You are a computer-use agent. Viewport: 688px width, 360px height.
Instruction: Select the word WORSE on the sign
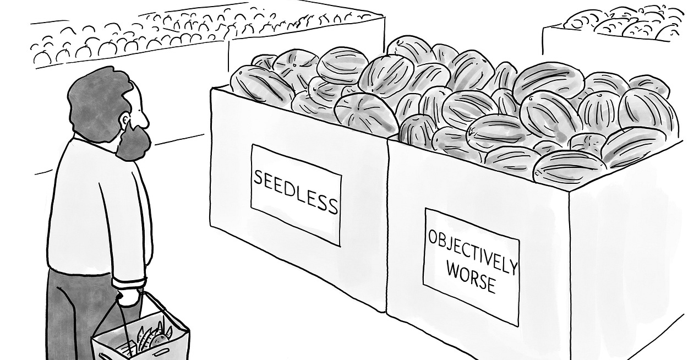(x=471, y=277)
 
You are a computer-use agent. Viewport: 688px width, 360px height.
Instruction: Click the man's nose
(x=145, y=116)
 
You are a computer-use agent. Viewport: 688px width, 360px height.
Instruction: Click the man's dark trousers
(x=72, y=314)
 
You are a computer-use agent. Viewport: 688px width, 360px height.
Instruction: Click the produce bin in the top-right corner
(x=616, y=33)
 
